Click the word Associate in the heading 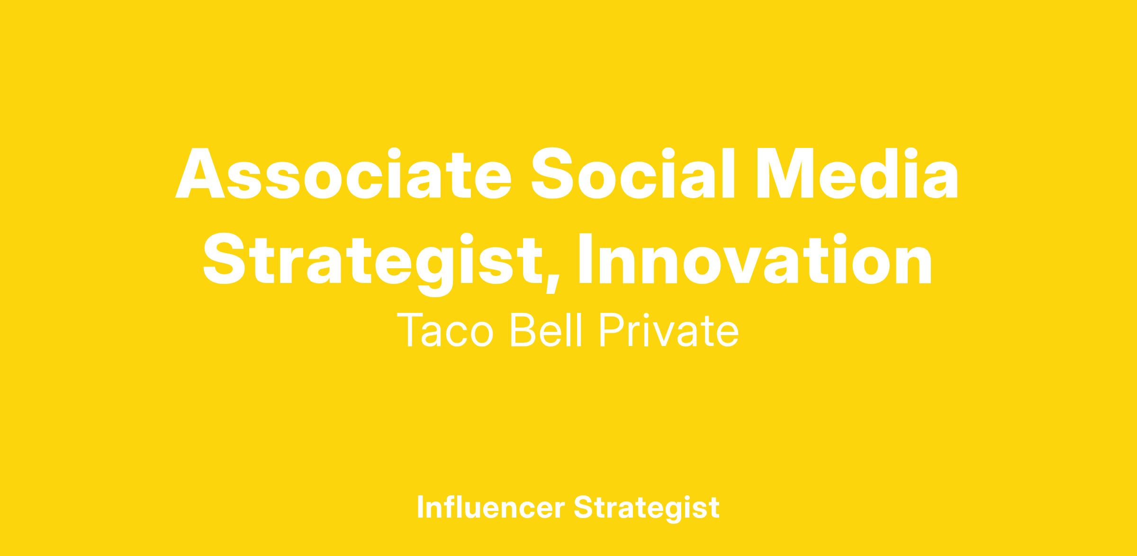coord(343,173)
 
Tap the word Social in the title coord(633,173)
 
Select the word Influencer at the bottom coord(491,507)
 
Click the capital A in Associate coord(200,173)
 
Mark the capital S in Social coord(552,173)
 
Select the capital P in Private coord(612,330)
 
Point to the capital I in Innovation coord(587,258)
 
